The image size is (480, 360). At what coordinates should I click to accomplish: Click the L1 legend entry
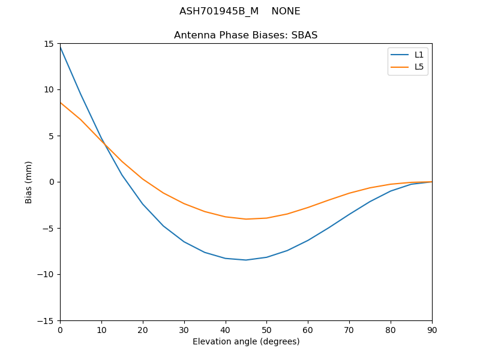pos(419,55)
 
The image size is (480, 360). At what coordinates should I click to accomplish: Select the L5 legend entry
pos(419,67)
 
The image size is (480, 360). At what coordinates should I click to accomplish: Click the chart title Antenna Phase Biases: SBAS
pos(245,35)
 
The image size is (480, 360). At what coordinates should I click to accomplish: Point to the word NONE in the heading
pos(286,11)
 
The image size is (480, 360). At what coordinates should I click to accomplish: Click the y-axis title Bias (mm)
pos(29,182)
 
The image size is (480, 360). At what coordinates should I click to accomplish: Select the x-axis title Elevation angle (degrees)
pos(245,341)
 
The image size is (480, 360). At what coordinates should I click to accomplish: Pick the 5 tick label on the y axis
pos(52,136)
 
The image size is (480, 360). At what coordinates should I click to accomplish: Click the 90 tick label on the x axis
pos(431,329)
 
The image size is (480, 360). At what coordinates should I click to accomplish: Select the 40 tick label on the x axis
pos(225,329)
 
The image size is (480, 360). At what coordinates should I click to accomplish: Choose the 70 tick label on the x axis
pos(349,329)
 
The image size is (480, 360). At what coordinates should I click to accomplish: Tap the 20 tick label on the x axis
pos(143,329)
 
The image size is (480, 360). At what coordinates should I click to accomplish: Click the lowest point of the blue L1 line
pos(246,260)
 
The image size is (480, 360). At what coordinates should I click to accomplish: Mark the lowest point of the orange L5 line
pos(246,219)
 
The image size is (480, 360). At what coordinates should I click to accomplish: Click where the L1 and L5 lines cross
pos(103,142)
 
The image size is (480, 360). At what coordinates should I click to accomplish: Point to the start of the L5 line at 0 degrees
pos(60,103)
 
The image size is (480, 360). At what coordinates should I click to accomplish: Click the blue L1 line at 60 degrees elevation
pos(308,241)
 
